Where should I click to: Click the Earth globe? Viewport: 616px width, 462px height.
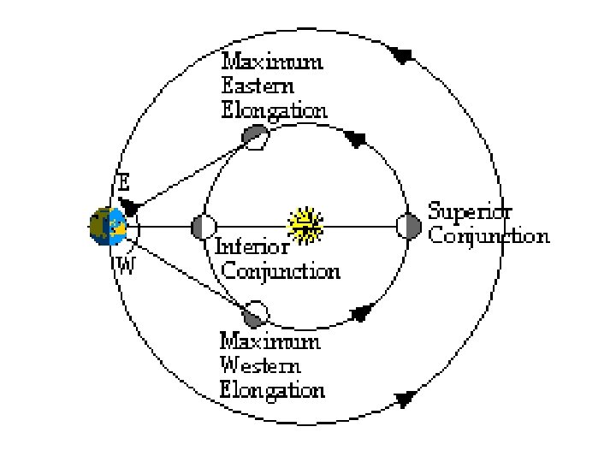109,227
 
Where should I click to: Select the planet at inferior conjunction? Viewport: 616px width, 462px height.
204,227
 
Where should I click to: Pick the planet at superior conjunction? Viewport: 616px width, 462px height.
409,226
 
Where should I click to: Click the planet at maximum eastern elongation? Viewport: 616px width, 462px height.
255,136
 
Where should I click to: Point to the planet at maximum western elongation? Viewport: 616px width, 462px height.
255,314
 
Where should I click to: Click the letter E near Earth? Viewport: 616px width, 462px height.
123,182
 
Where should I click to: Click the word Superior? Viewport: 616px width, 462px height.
471,210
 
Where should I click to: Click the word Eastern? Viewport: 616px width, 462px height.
258,86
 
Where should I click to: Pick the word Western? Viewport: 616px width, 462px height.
260,365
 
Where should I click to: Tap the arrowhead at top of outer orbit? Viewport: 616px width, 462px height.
400,56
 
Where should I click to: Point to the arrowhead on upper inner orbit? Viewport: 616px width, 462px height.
357,138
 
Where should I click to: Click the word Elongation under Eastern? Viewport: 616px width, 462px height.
274,111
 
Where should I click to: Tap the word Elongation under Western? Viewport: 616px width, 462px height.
272,390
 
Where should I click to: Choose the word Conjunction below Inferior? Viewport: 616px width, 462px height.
281,271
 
